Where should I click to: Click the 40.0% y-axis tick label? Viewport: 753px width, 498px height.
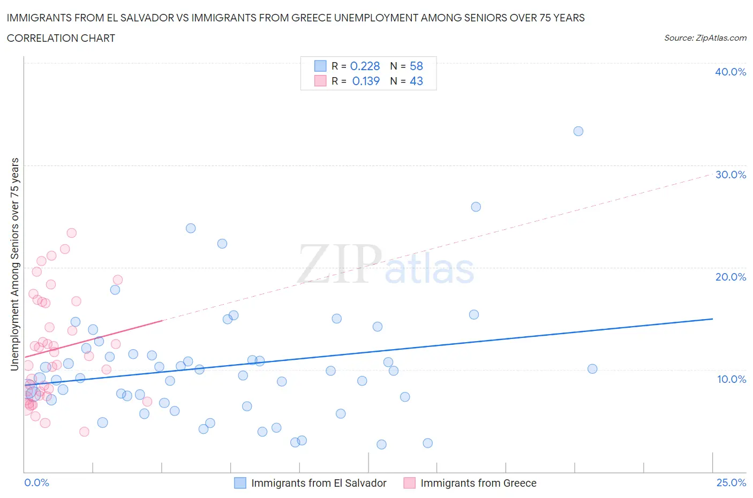click(731, 72)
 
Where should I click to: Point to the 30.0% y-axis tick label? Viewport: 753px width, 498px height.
click(731, 175)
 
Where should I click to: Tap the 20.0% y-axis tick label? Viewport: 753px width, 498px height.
click(731, 277)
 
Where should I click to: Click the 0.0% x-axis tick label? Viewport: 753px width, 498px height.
click(36, 482)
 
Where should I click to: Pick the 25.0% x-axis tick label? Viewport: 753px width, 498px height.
click(731, 482)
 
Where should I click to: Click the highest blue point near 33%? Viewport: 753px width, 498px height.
click(578, 131)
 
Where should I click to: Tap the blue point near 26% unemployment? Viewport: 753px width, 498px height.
click(476, 207)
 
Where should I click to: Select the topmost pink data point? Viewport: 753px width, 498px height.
click(71, 233)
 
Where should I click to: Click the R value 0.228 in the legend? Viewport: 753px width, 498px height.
click(365, 66)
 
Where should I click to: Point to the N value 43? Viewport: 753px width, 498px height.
click(416, 81)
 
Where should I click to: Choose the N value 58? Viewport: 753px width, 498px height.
click(416, 66)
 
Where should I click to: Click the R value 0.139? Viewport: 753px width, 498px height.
click(366, 81)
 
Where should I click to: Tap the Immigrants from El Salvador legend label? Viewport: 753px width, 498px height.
click(319, 483)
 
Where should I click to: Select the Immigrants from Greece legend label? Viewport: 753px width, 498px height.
click(478, 483)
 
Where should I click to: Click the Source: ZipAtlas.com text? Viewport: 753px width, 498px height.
click(705, 38)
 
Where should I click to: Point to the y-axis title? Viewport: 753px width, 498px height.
click(15, 265)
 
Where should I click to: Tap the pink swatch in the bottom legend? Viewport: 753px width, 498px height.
click(410, 483)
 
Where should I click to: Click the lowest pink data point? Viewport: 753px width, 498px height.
click(84, 432)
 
